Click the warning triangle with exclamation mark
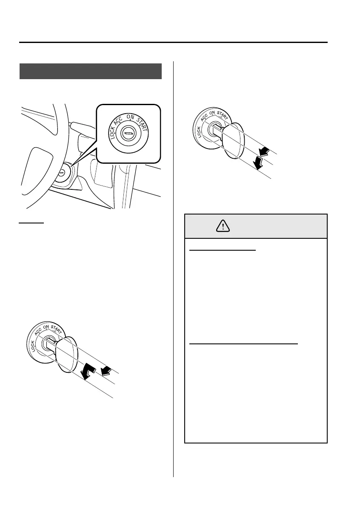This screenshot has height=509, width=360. pyautogui.click(x=223, y=226)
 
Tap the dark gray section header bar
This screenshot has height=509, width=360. pyautogui.click(x=91, y=71)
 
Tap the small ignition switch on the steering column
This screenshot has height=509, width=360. pyautogui.click(x=62, y=173)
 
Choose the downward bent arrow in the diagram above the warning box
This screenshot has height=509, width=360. pyautogui.click(x=258, y=162)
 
